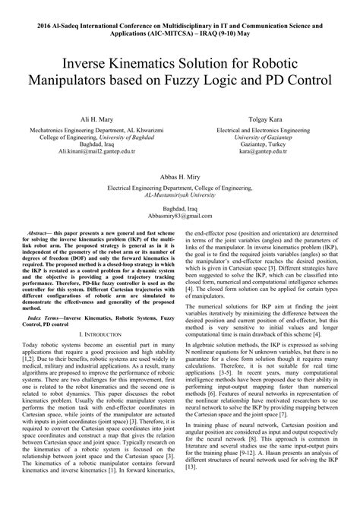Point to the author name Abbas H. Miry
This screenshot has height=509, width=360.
pyautogui.click(x=180, y=176)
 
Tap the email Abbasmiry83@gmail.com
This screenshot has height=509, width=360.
pyautogui.click(x=180, y=215)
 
